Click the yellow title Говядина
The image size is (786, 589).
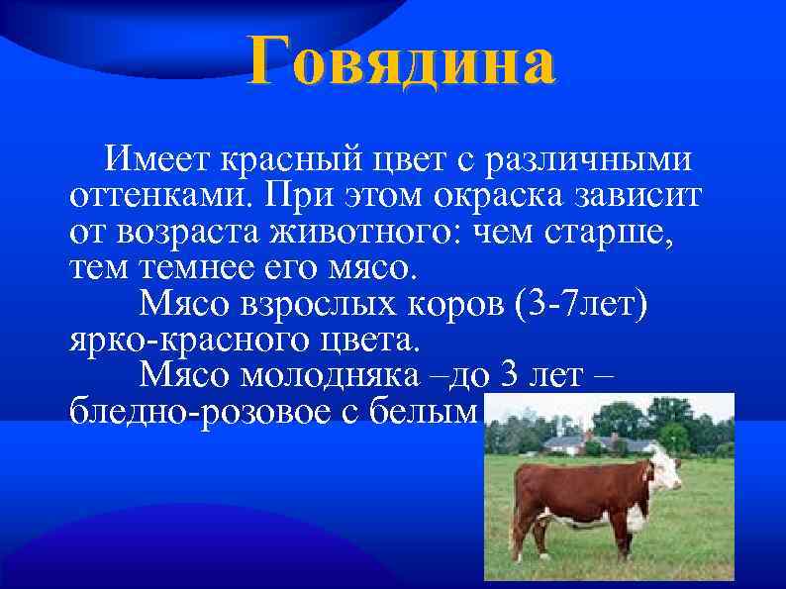402,61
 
